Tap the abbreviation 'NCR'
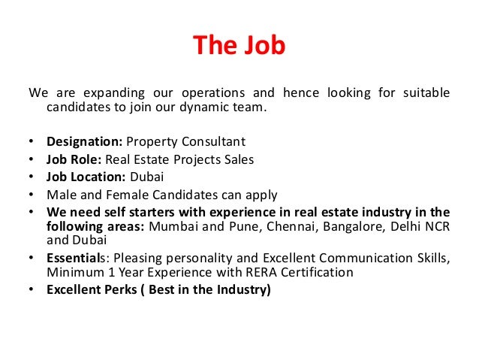435,226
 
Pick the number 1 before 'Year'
102,273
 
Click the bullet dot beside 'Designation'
31,141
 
